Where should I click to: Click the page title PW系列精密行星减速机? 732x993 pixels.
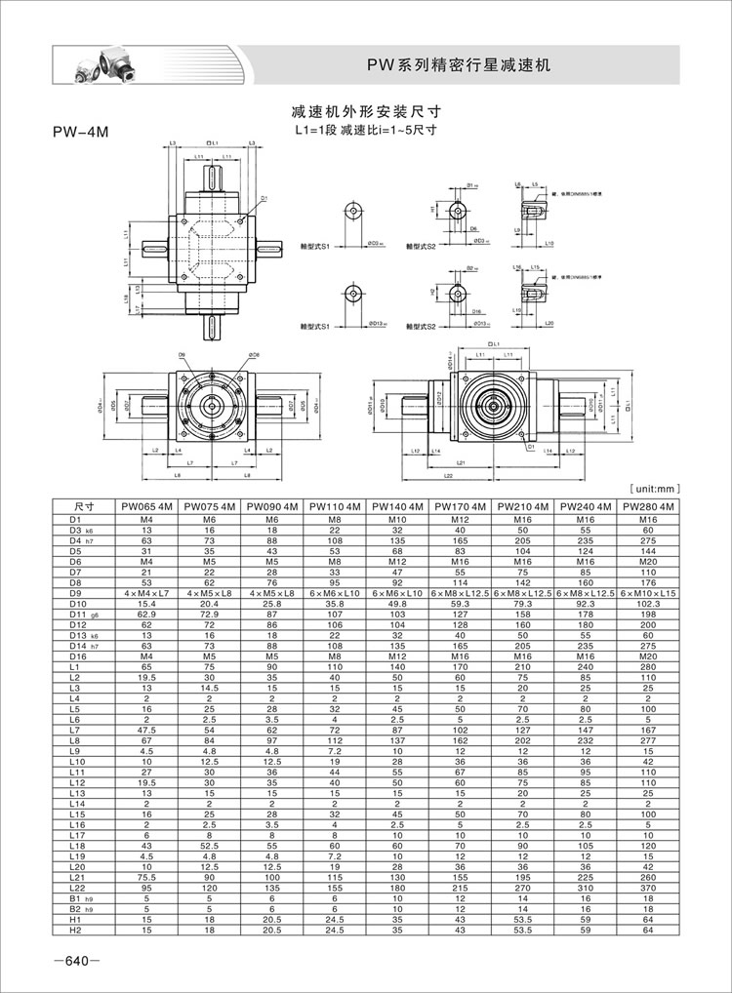pyautogui.click(x=459, y=66)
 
